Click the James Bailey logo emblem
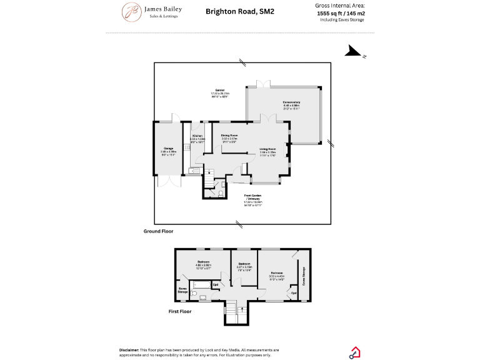(x=132, y=11)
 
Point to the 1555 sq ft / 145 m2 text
(x=341, y=12)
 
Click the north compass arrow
(x=354, y=52)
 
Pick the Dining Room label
(x=229, y=136)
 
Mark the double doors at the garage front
(x=167, y=181)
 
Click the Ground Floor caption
(x=159, y=231)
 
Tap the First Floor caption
(x=180, y=311)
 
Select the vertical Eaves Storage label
(x=304, y=276)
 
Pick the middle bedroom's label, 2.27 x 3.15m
(x=244, y=265)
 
